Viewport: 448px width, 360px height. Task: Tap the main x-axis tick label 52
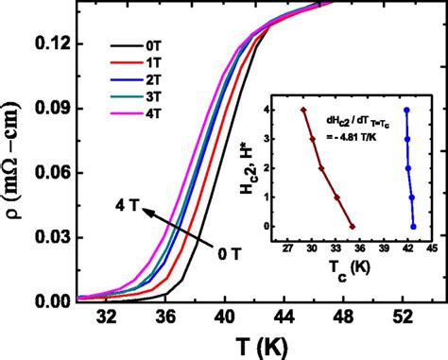404,317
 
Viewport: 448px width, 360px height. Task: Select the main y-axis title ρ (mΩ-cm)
19,174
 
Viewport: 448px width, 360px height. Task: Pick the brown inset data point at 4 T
303,110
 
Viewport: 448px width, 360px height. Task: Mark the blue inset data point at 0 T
414,227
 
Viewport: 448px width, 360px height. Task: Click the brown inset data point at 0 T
352,227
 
